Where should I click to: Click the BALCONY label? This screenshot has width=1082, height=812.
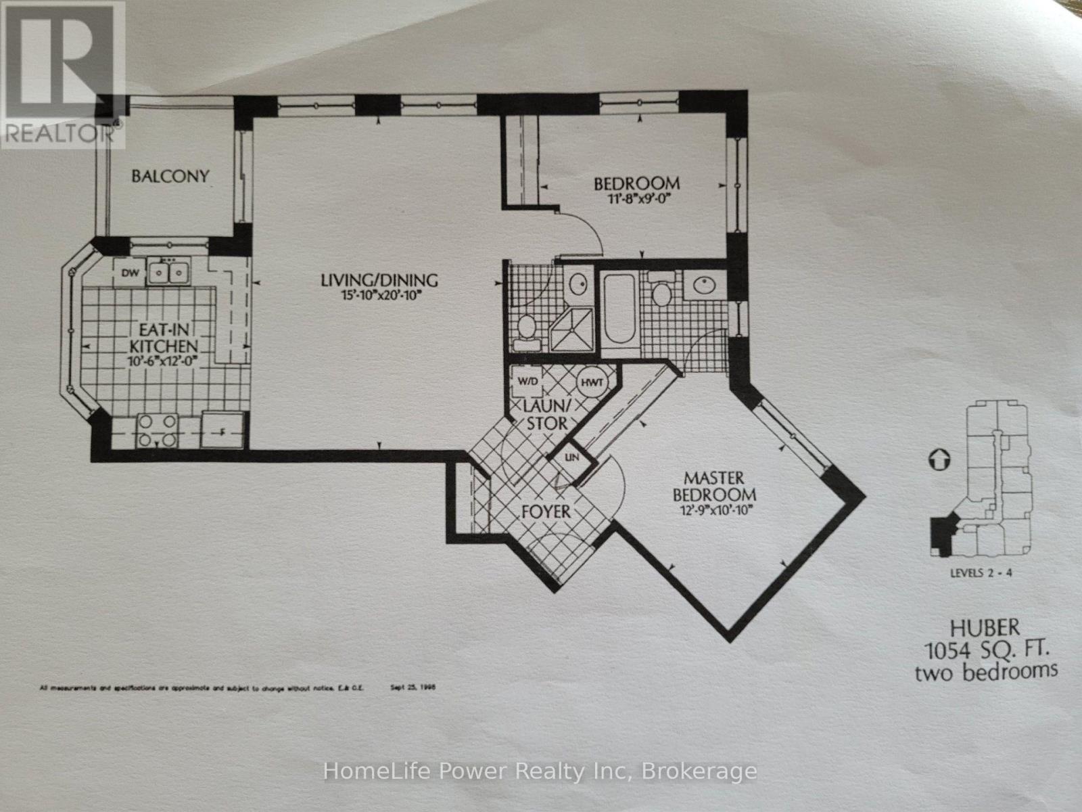pyautogui.click(x=170, y=177)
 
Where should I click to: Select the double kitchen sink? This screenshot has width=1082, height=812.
pyautogui.click(x=168, y=273)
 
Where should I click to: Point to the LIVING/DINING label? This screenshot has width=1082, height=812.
pyautogui.click(x=379, y=279)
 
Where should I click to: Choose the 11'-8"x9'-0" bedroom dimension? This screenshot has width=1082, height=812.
pyautogui.click(x=636, y=200)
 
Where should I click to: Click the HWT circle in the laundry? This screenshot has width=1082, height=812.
pyautogui.click(x=593, y=382)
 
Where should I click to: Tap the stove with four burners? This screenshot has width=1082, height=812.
pyautogui.click(x=158, y=431)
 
